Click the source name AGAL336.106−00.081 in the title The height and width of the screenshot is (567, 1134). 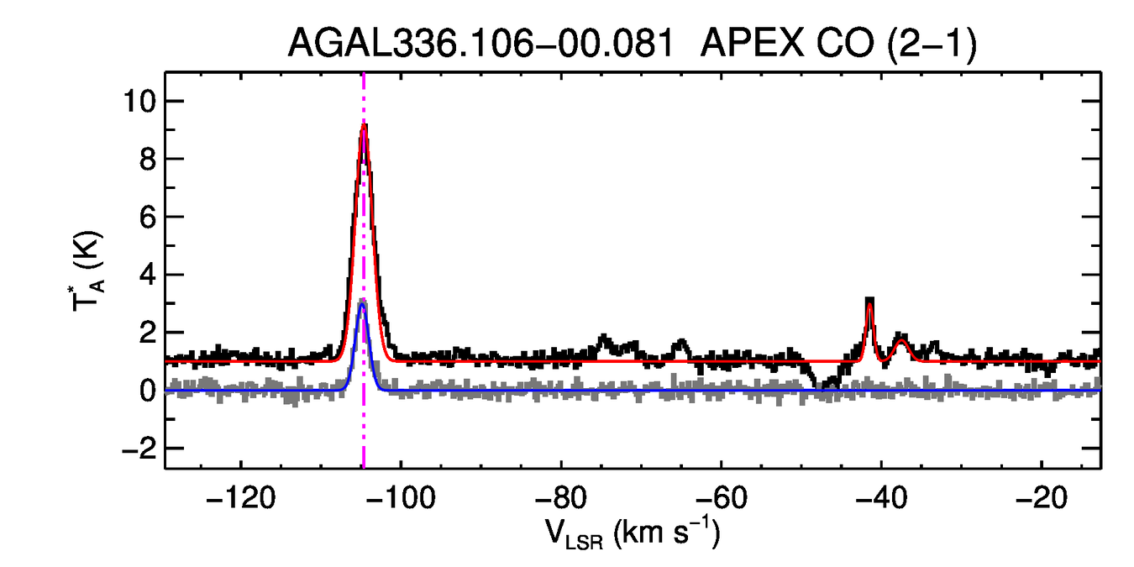pyautogui.click(x=481, y=44)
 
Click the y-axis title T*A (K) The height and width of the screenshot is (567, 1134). pyautogui.click(x=88, y=270)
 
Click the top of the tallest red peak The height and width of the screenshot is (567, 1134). pyautogui.click(x=364, y=126)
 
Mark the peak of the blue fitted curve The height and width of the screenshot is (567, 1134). pyautogui.click(x=363, y=304)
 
